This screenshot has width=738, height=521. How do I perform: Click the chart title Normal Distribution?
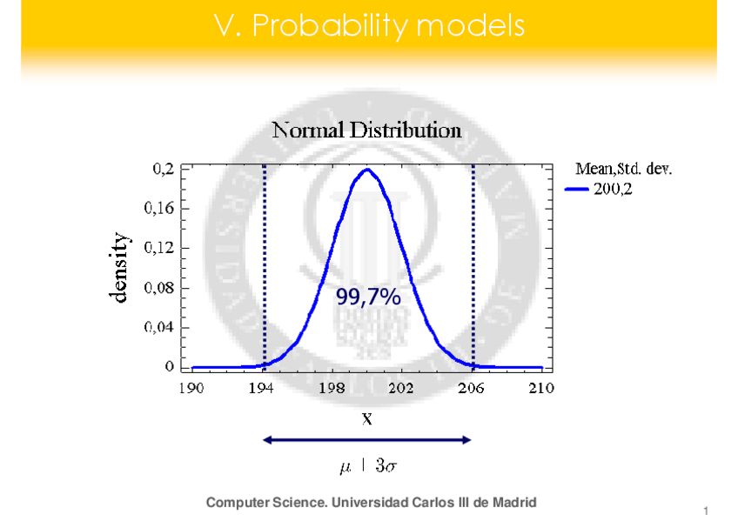pyautogui.click(x=366, y=131)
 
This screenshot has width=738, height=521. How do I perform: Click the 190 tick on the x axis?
pyautogui.click(x=191, y=388)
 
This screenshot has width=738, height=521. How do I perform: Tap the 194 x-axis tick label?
pyautogui.click(x=262, y=388)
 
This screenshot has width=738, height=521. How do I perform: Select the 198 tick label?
pyautogui.click(x=332, y=388)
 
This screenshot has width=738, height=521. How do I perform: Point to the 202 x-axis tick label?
pyautogui.click(x=401, y=388)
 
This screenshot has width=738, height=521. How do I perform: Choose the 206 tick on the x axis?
pyautogui.click(x=472, y=388)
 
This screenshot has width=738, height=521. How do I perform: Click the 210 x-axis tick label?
pyautogui.click(x=541, y=388)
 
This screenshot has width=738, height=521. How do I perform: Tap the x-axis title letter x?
pyautogui.click(x=367, y=418)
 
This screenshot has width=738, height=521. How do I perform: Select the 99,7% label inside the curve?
pyautogui.click(x=368, y=298)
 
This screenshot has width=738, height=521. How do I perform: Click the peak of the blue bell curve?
pyautogui.click(x=367, y=170)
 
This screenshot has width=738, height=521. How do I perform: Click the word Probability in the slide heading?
pyautogui.click(x=331, y=27)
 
